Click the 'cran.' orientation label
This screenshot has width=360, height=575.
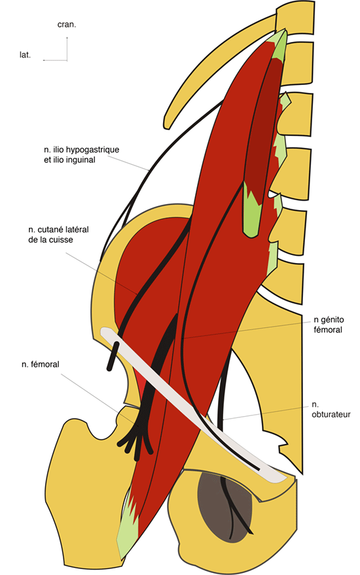pyautogui.click(x=67, y=25)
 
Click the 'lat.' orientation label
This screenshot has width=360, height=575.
pyautogui.click(x=25, y=55)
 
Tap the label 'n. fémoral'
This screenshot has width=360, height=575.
pyautogui.click(x=41, y=364)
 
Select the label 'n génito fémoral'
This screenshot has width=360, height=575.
pyautogui.click(x=329, y=324)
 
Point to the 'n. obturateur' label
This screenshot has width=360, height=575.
pyautogui.click(x=331, y=409)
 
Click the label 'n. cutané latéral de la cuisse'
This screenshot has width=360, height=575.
pyautogui.click(x=58, y=235)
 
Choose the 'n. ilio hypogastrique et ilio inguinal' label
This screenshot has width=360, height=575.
pyautogui.click(x=81, y=155)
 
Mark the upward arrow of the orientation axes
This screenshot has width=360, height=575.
pyautogui.click(x=67, y=48)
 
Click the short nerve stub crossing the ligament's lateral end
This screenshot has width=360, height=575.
pyautogui.click(x=113, y=356)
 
